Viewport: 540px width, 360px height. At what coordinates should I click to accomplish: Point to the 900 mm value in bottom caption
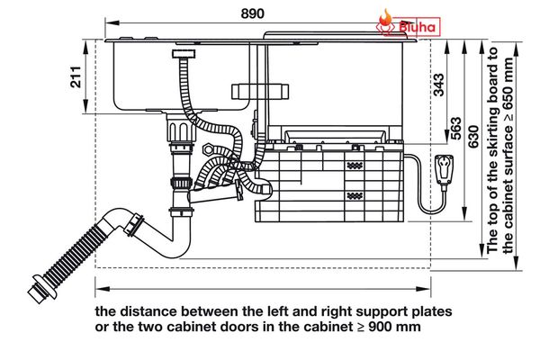[x=394, y=327]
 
